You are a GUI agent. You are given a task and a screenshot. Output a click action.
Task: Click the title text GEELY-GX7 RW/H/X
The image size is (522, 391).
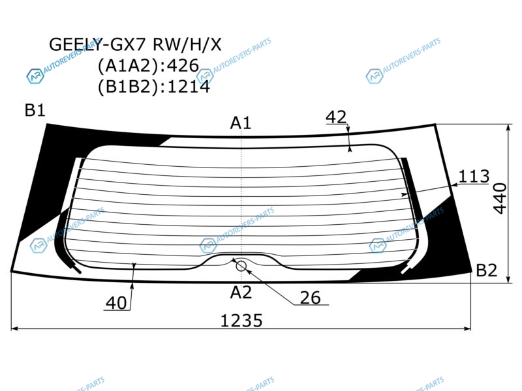click(135, 44)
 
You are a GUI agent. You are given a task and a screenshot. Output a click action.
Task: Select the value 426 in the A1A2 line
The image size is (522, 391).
click(183, 66)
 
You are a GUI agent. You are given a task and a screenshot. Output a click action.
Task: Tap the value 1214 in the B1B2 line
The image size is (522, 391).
click(189, 87)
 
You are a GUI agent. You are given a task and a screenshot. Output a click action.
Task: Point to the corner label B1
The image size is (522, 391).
click(35, 110)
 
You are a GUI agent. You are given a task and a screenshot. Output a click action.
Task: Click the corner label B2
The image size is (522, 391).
click(486, 270)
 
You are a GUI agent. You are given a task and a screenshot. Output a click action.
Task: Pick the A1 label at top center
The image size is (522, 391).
click(240, 123)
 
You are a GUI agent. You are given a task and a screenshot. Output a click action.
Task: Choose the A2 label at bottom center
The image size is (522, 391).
click(241, 293)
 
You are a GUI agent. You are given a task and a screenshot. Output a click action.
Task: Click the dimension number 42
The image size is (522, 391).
click(336, 117)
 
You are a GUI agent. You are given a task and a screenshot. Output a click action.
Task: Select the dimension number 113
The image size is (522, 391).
click(474, 176)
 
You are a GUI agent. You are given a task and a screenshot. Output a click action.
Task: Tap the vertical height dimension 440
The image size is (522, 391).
click(500, 199)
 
